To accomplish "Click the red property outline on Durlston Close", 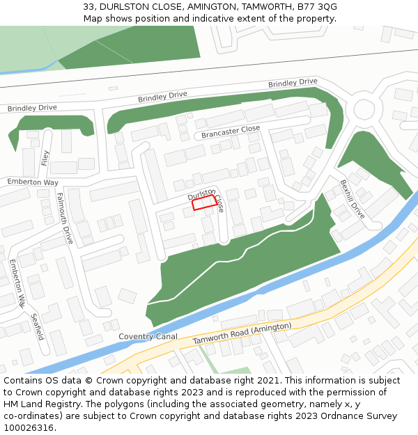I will coord(203,203).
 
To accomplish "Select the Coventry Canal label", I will coord(148,336).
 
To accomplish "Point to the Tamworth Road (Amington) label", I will coord(242,335).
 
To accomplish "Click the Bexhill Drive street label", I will coord(352,199).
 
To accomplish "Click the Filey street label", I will coord(46,159).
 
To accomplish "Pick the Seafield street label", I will coord(38,326).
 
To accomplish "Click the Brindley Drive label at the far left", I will coord(32,108).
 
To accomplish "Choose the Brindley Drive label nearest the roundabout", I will coord(293,83).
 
